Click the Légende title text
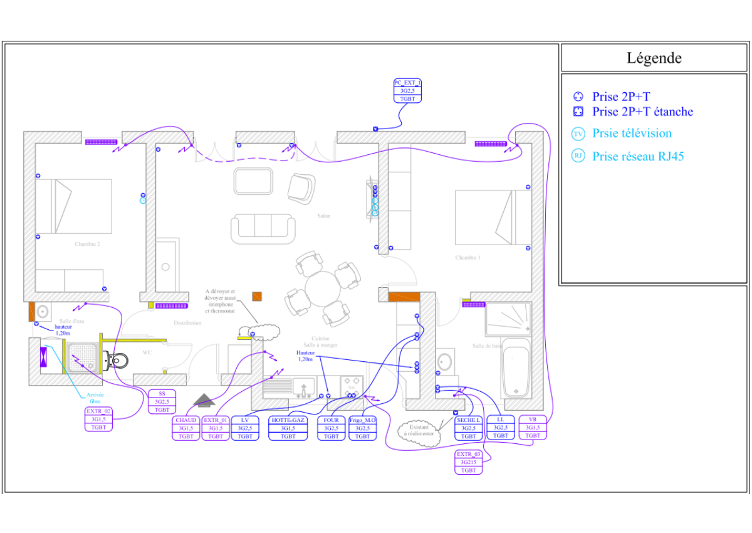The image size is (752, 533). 654,58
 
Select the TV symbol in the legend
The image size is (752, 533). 578,134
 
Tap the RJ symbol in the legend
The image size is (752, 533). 578,156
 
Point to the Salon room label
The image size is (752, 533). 323,216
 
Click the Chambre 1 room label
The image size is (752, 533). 467,258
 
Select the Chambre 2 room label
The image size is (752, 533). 88,245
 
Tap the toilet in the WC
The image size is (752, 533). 117,359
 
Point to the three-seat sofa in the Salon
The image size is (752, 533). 263,228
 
